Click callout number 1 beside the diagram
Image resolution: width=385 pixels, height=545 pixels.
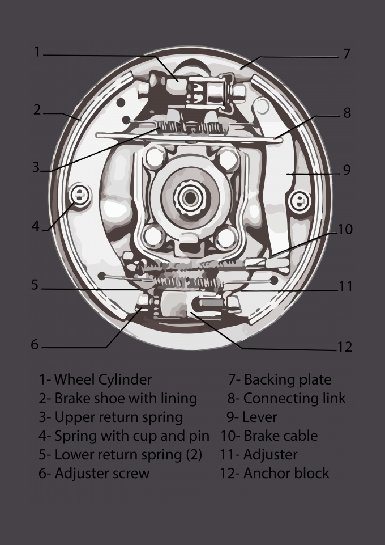(x=37, y=52)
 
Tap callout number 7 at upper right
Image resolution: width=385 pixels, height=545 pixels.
(x=346, y=54)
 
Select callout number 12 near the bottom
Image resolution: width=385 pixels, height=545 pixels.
(x=344, y=347)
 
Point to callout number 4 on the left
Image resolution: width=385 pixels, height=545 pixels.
(x=36, y=226)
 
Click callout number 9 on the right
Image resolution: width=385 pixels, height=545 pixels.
(x=346, y=170)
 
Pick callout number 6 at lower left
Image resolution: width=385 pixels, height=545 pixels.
(x=35, y=344)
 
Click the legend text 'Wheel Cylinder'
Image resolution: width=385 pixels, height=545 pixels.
(x=95, y=379)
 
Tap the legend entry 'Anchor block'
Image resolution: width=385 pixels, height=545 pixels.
(x=275, y=473)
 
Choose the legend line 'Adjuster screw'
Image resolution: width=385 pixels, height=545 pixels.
(x=94, y=473)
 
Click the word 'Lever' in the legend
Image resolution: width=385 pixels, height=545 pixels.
(x=252, y=417)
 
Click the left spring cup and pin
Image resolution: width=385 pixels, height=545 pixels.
(x=80, y=196)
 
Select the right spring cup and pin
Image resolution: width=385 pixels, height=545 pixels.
(x=298, y=200)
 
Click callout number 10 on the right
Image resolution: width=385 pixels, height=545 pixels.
(x=345, y=229)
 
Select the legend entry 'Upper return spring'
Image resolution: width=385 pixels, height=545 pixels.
(x=110, y=417)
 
